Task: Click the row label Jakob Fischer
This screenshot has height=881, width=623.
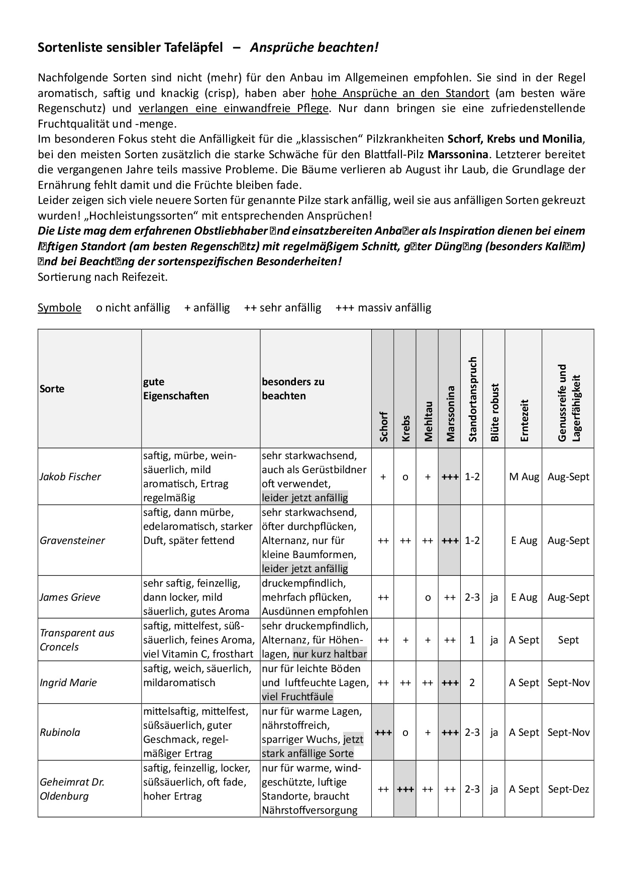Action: coord(70,477)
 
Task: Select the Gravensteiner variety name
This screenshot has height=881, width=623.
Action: coord(72,540)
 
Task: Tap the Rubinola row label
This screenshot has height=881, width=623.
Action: coord(60,732)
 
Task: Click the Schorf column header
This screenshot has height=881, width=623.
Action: coord(383,426)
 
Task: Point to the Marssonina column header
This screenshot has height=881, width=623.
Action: coord(450,413)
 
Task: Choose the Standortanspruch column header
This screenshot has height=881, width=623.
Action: coord(472,399)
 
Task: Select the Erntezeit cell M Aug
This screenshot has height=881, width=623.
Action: coord(524,477)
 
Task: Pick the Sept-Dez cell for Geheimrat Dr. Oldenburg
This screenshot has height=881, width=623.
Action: coord(568,789)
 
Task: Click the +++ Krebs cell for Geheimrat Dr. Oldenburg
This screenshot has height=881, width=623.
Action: coord(405,789)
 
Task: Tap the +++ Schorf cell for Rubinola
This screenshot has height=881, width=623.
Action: coord(383,732)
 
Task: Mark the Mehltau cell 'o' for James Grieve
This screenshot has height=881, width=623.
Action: coord(428,597)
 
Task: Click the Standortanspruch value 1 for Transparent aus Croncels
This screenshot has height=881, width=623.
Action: coord(472,640)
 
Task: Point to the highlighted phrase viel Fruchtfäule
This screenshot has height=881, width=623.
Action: coord(297,697)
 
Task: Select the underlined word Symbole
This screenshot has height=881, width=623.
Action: coord(59,307)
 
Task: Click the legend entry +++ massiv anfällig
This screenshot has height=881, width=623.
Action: coord(383,307)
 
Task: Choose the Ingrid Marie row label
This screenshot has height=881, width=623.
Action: coord(68,683)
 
